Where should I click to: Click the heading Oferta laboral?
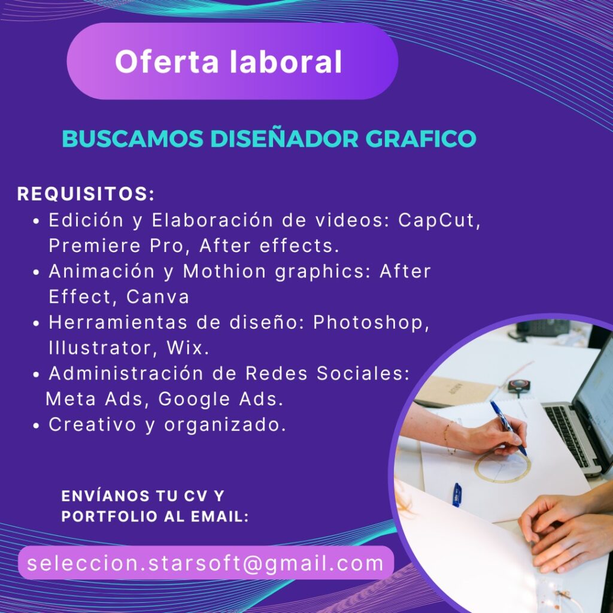228,62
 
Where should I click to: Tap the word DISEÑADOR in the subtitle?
284,138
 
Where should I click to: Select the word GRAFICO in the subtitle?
421,138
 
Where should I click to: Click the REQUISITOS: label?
86,194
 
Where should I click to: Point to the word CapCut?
439,220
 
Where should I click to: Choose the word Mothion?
225,271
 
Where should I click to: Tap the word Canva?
157,297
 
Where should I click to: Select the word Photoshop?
371,323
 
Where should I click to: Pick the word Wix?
187,348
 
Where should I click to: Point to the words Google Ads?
220,399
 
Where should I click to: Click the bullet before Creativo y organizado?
37,426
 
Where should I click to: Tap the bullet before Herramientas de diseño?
37,324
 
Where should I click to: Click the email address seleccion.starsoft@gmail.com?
206,563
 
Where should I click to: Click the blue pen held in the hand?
509,427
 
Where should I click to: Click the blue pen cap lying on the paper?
457,494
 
